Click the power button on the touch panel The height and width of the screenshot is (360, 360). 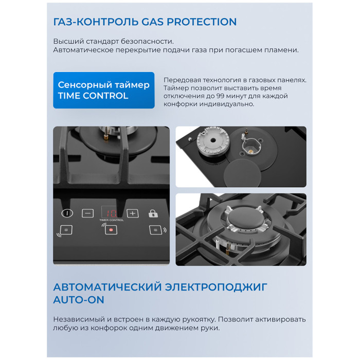pos(67,213)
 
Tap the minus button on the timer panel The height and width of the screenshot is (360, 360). pos(88,213)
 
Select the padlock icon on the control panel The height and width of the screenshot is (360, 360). pos(153,213)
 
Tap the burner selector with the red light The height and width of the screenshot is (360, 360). pos(111,229)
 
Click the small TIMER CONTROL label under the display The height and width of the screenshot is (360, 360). pos(112,220)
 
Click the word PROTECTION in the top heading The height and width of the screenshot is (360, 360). pos(202,22)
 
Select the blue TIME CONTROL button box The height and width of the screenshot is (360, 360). pos(104,90)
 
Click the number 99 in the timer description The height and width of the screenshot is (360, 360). pos(220,96)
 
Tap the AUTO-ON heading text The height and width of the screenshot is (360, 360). pos(79,300)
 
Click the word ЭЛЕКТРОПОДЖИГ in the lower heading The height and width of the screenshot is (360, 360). pos(217,287)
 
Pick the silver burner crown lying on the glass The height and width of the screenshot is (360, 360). pos(213,140)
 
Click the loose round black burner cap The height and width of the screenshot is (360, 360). pos(242,172)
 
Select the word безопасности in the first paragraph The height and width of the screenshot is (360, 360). pos(148,42)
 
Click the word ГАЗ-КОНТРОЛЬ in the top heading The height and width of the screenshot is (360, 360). pos(96,22)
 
